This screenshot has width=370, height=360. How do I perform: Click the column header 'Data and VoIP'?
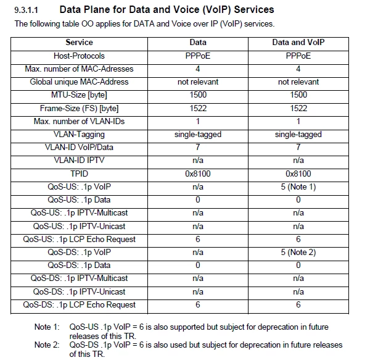(298, 43)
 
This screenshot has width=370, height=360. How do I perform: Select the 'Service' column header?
(79, 43)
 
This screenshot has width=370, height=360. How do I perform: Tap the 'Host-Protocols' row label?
(79, 56)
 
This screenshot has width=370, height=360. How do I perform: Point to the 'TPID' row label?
(79, 174)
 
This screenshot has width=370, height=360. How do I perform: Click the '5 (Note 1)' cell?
(298, 186)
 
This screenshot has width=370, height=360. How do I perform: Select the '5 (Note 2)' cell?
(298, 252)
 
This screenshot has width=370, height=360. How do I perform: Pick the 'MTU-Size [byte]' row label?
(79, 95)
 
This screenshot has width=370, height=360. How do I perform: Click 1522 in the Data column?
(197, 108)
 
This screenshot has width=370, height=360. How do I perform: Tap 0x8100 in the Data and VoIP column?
(298, 174)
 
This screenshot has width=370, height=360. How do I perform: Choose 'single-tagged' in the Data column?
(197, 134)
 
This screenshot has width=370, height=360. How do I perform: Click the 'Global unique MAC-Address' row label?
(79, 82)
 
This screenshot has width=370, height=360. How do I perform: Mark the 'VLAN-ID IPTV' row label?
(79, 161)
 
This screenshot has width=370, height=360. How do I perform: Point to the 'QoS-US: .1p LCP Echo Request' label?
(79, 239)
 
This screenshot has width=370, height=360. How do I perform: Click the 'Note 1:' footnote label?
(47, 327)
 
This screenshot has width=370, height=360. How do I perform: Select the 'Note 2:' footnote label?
(47, 345)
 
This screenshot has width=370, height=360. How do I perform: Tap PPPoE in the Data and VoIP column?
(298, 56)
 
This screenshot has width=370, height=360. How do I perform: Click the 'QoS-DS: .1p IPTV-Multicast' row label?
(79, 278)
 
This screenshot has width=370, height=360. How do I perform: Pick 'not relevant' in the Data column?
(197, 82)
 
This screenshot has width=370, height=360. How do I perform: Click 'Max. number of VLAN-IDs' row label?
(79, 121)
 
